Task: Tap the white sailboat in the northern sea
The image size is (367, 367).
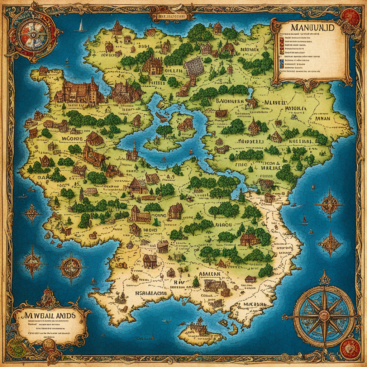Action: point(81,26)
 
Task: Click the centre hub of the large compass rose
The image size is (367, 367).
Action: point(324,316)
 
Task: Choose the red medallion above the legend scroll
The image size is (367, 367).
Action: point(350,17)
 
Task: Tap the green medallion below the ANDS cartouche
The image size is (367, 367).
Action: point(16,348)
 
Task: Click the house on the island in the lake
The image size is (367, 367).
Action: point(185,124)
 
